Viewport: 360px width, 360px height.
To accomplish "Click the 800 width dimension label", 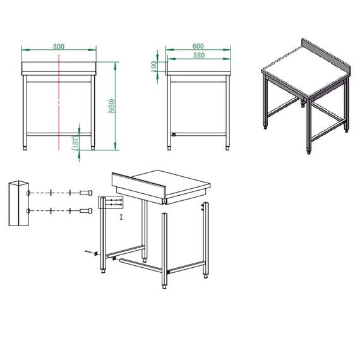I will point(59,46).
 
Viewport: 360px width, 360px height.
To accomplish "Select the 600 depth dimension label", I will point(198,46).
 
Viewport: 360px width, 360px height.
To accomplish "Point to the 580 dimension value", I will point(198,56).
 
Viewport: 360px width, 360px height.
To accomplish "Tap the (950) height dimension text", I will point(112,106).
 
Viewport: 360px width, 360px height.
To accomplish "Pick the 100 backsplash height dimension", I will point(153,66).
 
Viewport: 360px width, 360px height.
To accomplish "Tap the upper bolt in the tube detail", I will point(85,193).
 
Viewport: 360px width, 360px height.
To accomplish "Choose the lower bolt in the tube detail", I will point(85,210).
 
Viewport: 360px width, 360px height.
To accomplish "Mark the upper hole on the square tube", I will point(28,193).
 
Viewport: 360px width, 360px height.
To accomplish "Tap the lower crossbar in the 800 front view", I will point(58,134).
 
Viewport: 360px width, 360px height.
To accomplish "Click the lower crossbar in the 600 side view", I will point(198,134).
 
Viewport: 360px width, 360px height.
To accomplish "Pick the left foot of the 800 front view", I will point(25,148).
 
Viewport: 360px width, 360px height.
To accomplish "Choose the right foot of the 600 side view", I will point(227,148).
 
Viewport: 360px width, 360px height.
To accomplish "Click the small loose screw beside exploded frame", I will point(89,252).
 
